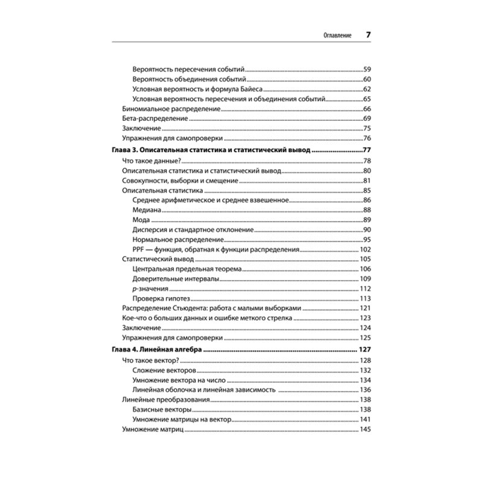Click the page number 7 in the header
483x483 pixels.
[368, 35]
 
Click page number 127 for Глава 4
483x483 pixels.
[364, 350]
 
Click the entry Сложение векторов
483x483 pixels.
[163, 369]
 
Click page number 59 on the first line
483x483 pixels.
[366, 69]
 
